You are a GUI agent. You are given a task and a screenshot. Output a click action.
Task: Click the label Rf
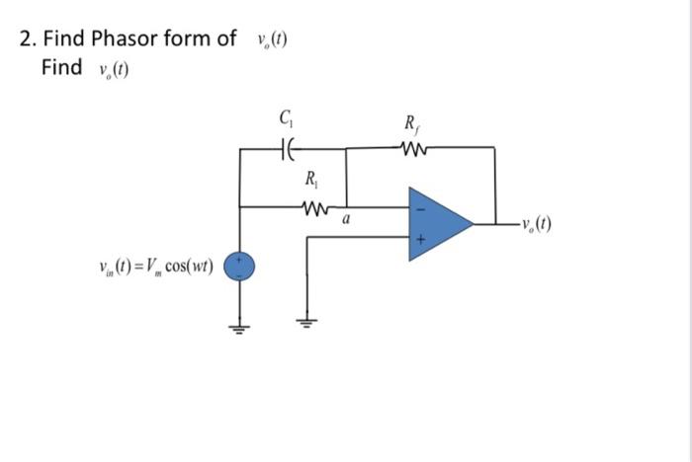pyautogui.click(x=411, y=124)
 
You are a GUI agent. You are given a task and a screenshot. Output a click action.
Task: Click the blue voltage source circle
pyautogui.click(x=239, y=266)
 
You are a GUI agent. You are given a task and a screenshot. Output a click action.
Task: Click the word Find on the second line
pyautogui.click(x=61, y=67)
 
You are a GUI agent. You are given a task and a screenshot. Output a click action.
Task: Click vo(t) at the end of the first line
pyautogui.click(x=270, y=40)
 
